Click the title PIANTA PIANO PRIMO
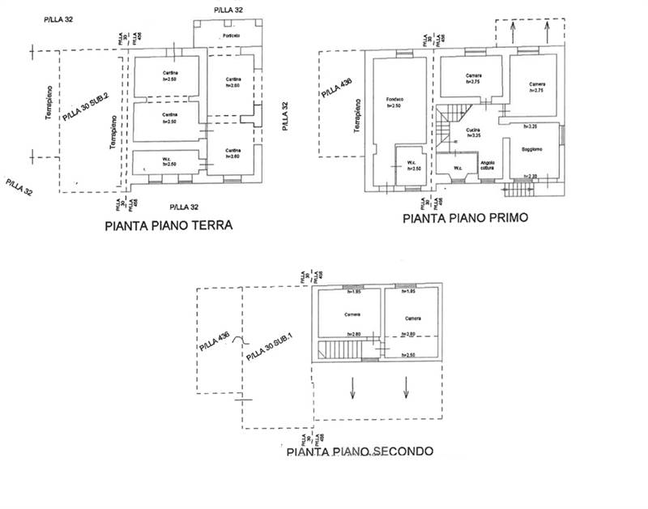[x=466, y=218]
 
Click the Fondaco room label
[x=394, y=100]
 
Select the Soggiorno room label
[x=531, y=149]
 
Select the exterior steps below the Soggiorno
[x=518, y=190]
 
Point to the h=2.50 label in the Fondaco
[x=394, y=106]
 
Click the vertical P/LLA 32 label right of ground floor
[x=283, y=116]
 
